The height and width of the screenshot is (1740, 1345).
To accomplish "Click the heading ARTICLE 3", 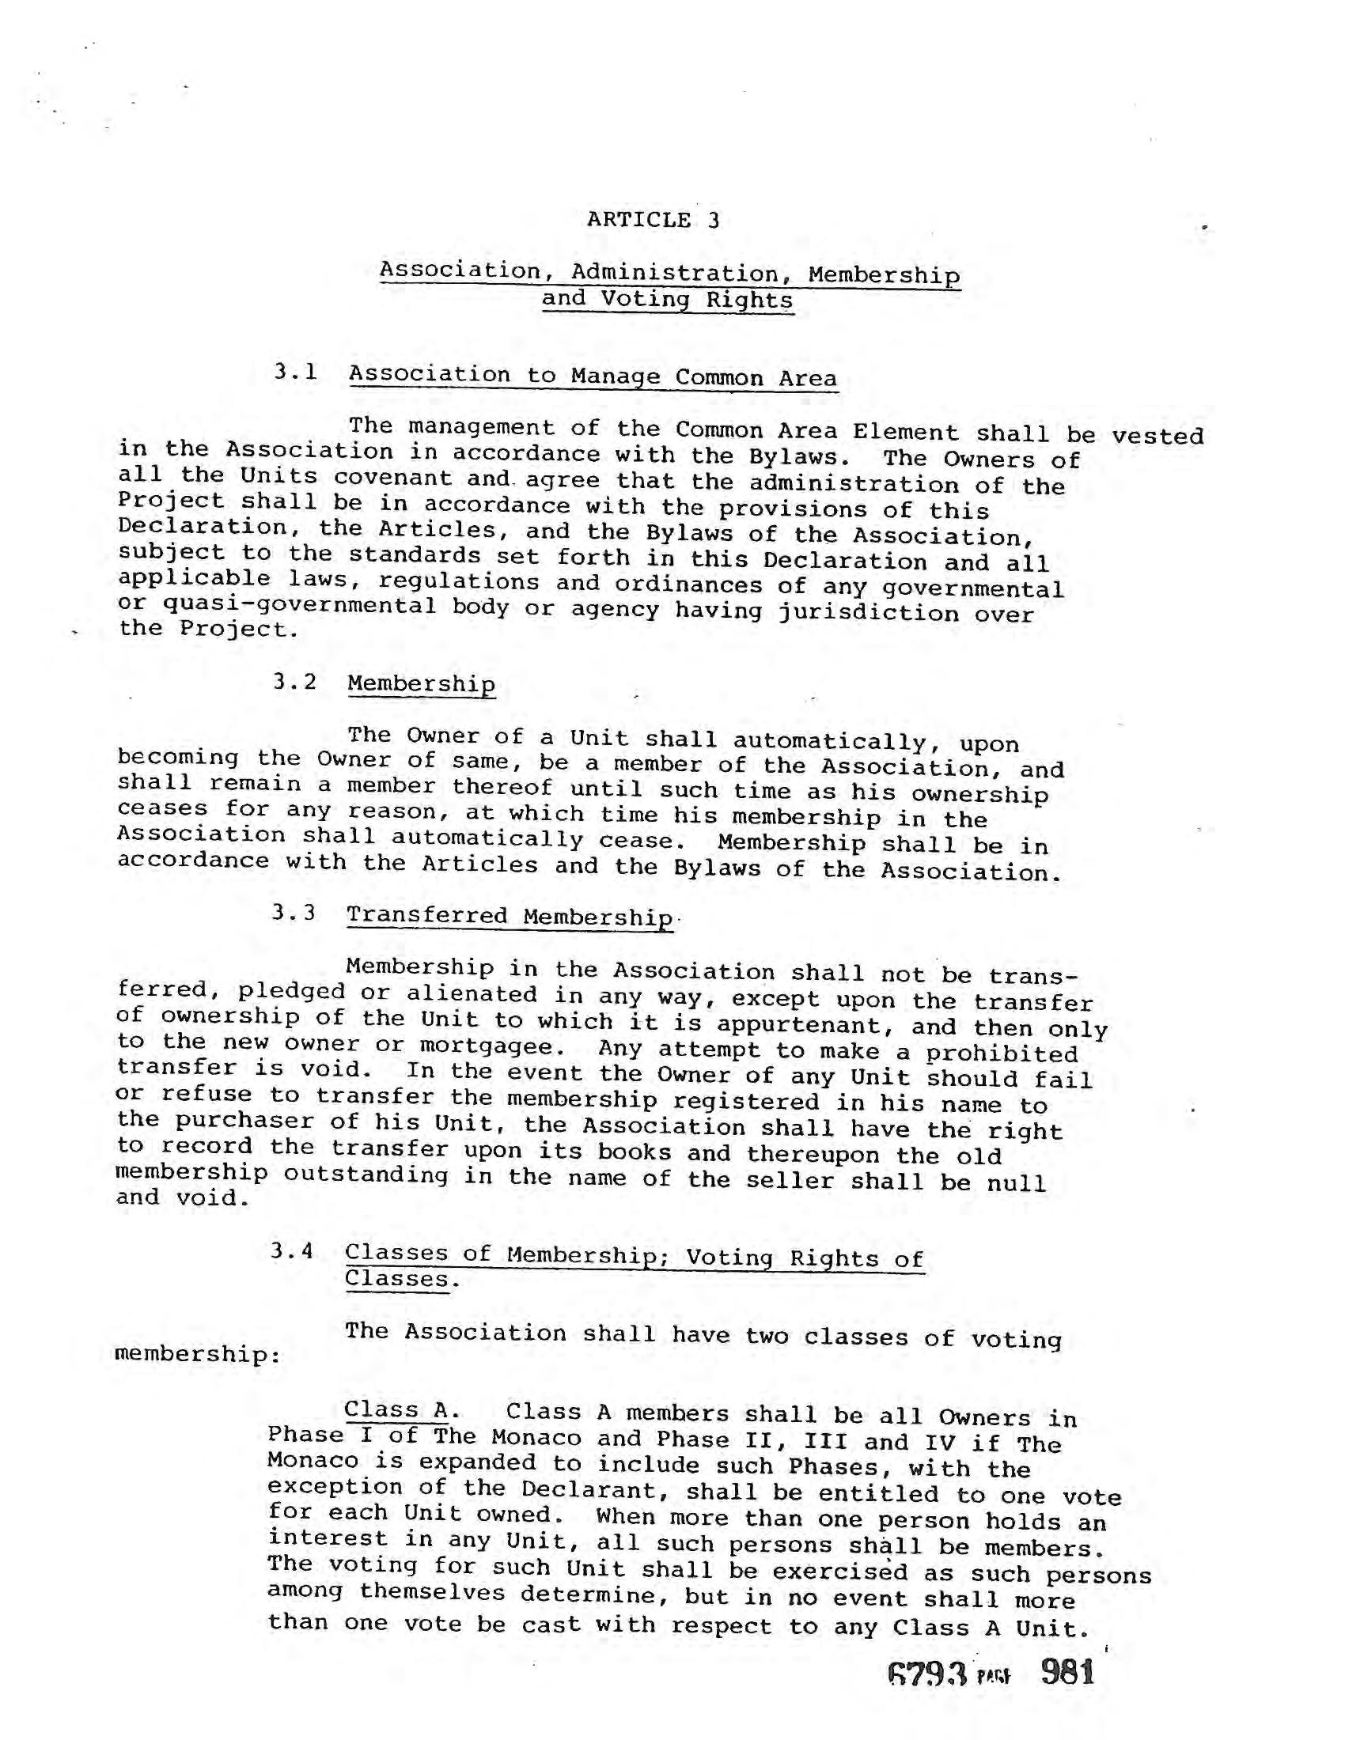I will (653, 219).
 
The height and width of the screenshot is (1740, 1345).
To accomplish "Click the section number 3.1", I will (296, 371).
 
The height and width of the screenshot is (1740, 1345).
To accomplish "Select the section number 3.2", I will (294, 681).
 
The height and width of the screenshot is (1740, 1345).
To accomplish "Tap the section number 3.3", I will (294, 912).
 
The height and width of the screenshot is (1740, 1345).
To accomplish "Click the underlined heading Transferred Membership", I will (510, 916).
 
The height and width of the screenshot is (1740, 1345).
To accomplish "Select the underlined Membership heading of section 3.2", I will (422, 683).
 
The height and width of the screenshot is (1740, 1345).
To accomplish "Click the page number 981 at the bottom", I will (1068, 1671).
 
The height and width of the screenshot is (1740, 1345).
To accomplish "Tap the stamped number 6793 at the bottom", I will (926, 1675).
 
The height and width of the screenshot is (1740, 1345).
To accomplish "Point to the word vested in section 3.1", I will (1157, 436).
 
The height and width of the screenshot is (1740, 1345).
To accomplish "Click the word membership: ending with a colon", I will (197, 1353).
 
